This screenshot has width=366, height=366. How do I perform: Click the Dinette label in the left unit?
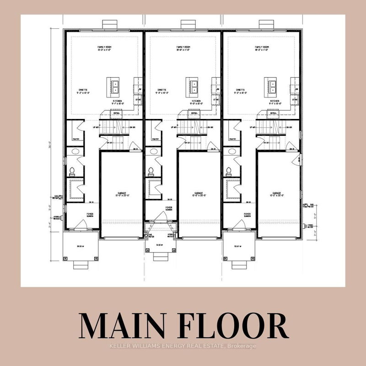point(82,91)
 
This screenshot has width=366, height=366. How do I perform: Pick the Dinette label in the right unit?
point(240,91)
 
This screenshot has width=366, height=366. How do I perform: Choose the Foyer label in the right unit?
point(247,214)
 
